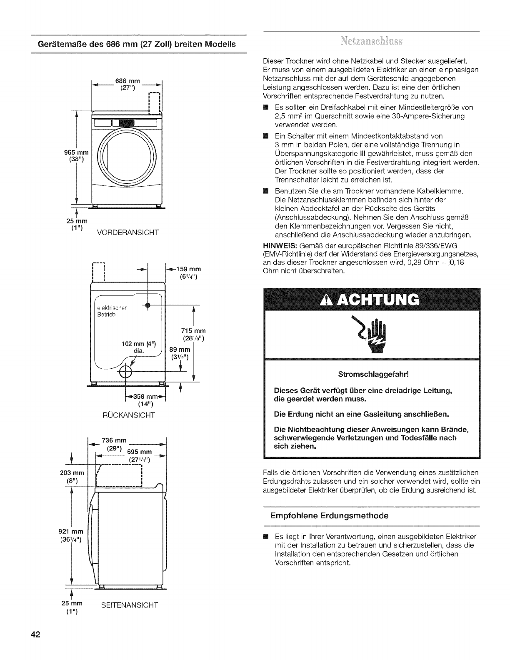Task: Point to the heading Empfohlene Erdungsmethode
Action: pos(329,516)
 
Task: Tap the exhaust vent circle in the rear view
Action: pos(125,372)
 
